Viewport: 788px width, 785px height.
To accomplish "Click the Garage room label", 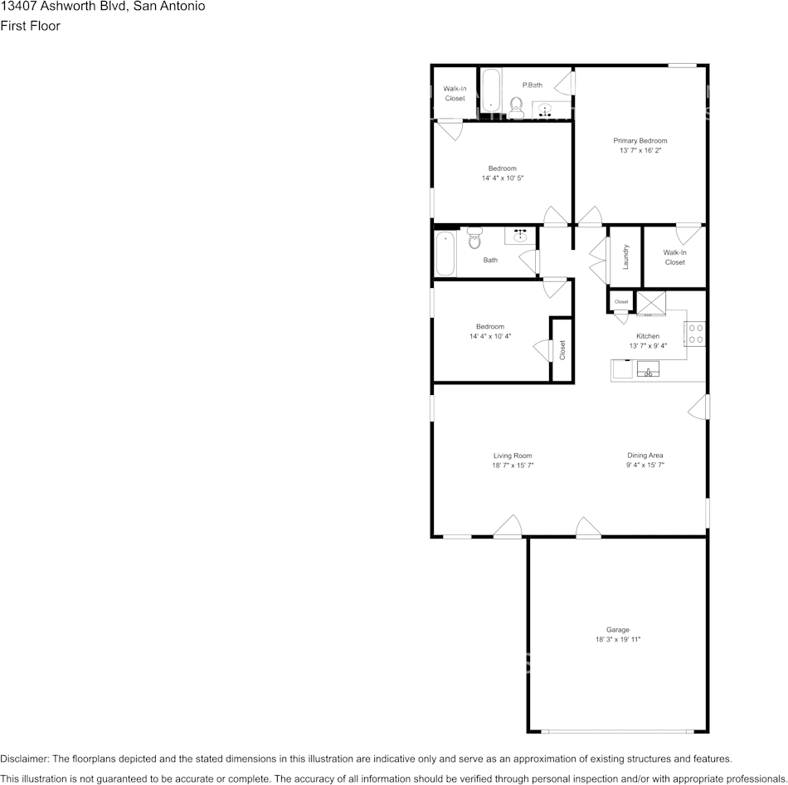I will click(618, 630).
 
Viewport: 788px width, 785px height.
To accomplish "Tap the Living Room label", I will click(513, 456).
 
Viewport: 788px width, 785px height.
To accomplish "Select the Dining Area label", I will click(645, 456).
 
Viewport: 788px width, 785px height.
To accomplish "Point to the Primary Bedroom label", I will click(640, 141).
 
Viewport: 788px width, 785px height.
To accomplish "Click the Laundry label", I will click(626, 256).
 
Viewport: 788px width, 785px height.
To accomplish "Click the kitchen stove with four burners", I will click(695, 334).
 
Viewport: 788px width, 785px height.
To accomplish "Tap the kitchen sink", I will click(648, 369).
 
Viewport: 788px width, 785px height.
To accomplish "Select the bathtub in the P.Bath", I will click(490, 90).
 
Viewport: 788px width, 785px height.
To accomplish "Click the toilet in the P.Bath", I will click(516, 105).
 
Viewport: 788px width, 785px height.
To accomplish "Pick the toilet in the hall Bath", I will click(474, 239).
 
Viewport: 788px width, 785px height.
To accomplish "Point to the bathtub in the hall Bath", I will click(445, 254).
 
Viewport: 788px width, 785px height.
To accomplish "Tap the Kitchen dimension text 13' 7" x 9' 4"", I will click(648, 346).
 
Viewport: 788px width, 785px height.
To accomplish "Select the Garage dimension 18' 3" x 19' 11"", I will click(618, 640).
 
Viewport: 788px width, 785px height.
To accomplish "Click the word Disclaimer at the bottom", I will click(24, 758).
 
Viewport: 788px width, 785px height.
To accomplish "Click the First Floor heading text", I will click(30, 26).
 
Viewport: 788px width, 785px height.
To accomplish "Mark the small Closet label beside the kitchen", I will click(621, 302).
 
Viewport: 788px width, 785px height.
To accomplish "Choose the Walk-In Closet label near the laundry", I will click(674, 257).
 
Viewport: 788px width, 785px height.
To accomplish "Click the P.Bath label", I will click(532, 85).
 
